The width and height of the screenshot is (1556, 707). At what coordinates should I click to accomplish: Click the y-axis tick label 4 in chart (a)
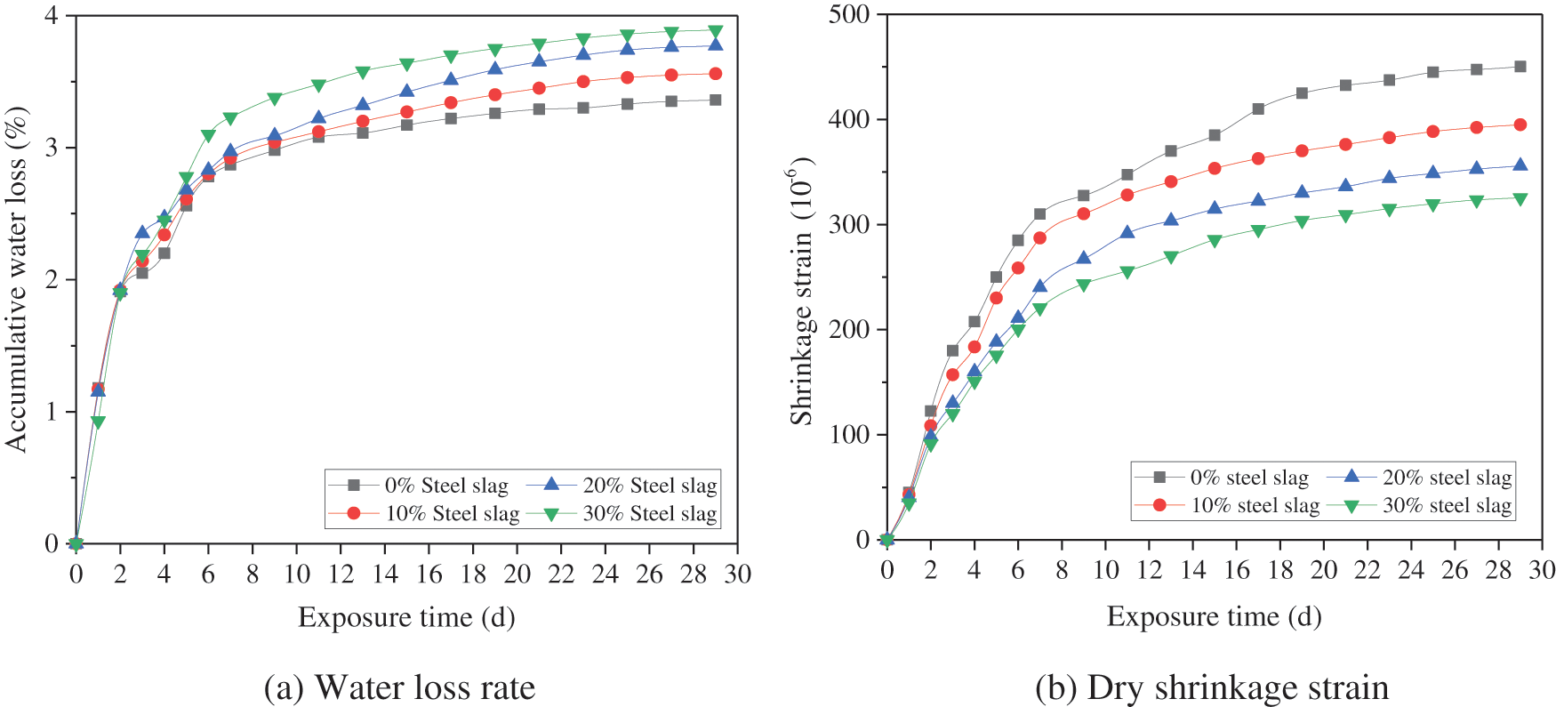52,16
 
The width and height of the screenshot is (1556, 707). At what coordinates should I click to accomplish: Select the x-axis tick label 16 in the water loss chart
429,574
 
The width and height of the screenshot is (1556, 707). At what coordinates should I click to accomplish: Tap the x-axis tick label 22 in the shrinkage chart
1368,570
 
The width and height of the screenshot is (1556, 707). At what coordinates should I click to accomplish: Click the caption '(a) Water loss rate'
399,687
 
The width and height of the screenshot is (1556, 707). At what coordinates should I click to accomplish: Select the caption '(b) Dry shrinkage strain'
1212,687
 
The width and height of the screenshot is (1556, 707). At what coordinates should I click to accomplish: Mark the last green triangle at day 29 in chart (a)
715,32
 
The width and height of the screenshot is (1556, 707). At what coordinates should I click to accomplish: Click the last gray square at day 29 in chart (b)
1520,67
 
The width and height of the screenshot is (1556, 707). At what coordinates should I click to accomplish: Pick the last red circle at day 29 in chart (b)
1520,125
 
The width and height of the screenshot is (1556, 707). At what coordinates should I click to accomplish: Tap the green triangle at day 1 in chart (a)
98,422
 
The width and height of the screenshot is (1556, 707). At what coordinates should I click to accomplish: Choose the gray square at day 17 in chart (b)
1258,109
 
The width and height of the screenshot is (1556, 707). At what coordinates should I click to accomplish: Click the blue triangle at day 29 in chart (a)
715,45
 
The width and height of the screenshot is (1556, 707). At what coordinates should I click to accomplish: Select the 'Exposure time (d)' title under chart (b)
1214,616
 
